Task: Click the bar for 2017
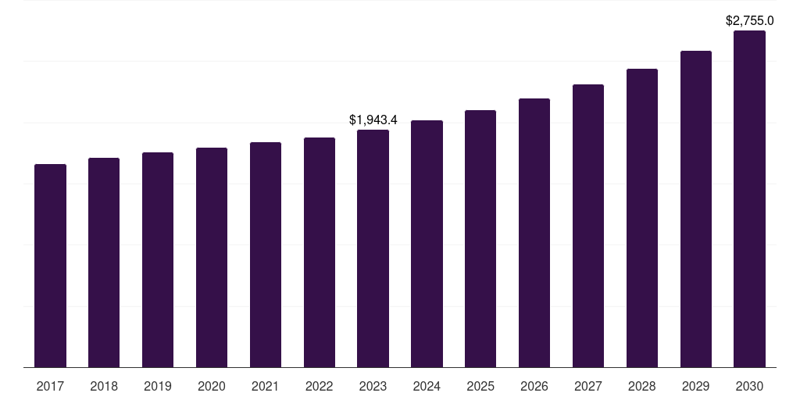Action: tap(50, 266)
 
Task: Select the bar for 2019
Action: tap(158, 259)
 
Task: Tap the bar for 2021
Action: tap(266, 255)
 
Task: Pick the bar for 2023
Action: tap(373, 248)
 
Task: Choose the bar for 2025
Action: tap(480, 238)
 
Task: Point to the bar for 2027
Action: tap(588, 226)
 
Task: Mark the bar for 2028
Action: tap(642, 218)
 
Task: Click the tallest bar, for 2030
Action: tap(749, 198)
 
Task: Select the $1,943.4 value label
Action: tap(373, 120)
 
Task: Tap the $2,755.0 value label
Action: tap(750, 20)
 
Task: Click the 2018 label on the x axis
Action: tap(104, 386)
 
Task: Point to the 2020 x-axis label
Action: tap(212, 386)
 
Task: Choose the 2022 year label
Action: tap(320, 386)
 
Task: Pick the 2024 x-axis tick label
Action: tap(427, 386)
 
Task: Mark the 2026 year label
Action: tap(534, 386)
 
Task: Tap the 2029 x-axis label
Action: tap(696, 386)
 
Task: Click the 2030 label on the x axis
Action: tap(749, 386)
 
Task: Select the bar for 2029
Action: tap(696, 209)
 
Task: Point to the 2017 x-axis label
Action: tap(50, 386)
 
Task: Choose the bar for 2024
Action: tap(427, 244)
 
